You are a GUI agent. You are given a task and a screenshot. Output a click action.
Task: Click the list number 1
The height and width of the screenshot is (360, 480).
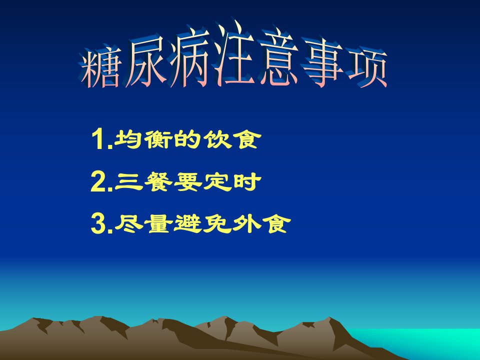tap(99, 139)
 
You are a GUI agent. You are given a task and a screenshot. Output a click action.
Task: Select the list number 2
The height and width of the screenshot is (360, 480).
tap(98, 181)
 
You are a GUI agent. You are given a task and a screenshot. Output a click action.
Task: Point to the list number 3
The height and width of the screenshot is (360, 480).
tap(98, 224)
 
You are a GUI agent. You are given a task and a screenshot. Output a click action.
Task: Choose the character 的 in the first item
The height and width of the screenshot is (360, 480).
tap(186, 139)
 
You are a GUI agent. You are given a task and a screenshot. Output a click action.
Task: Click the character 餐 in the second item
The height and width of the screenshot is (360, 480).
tap(158, 181)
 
